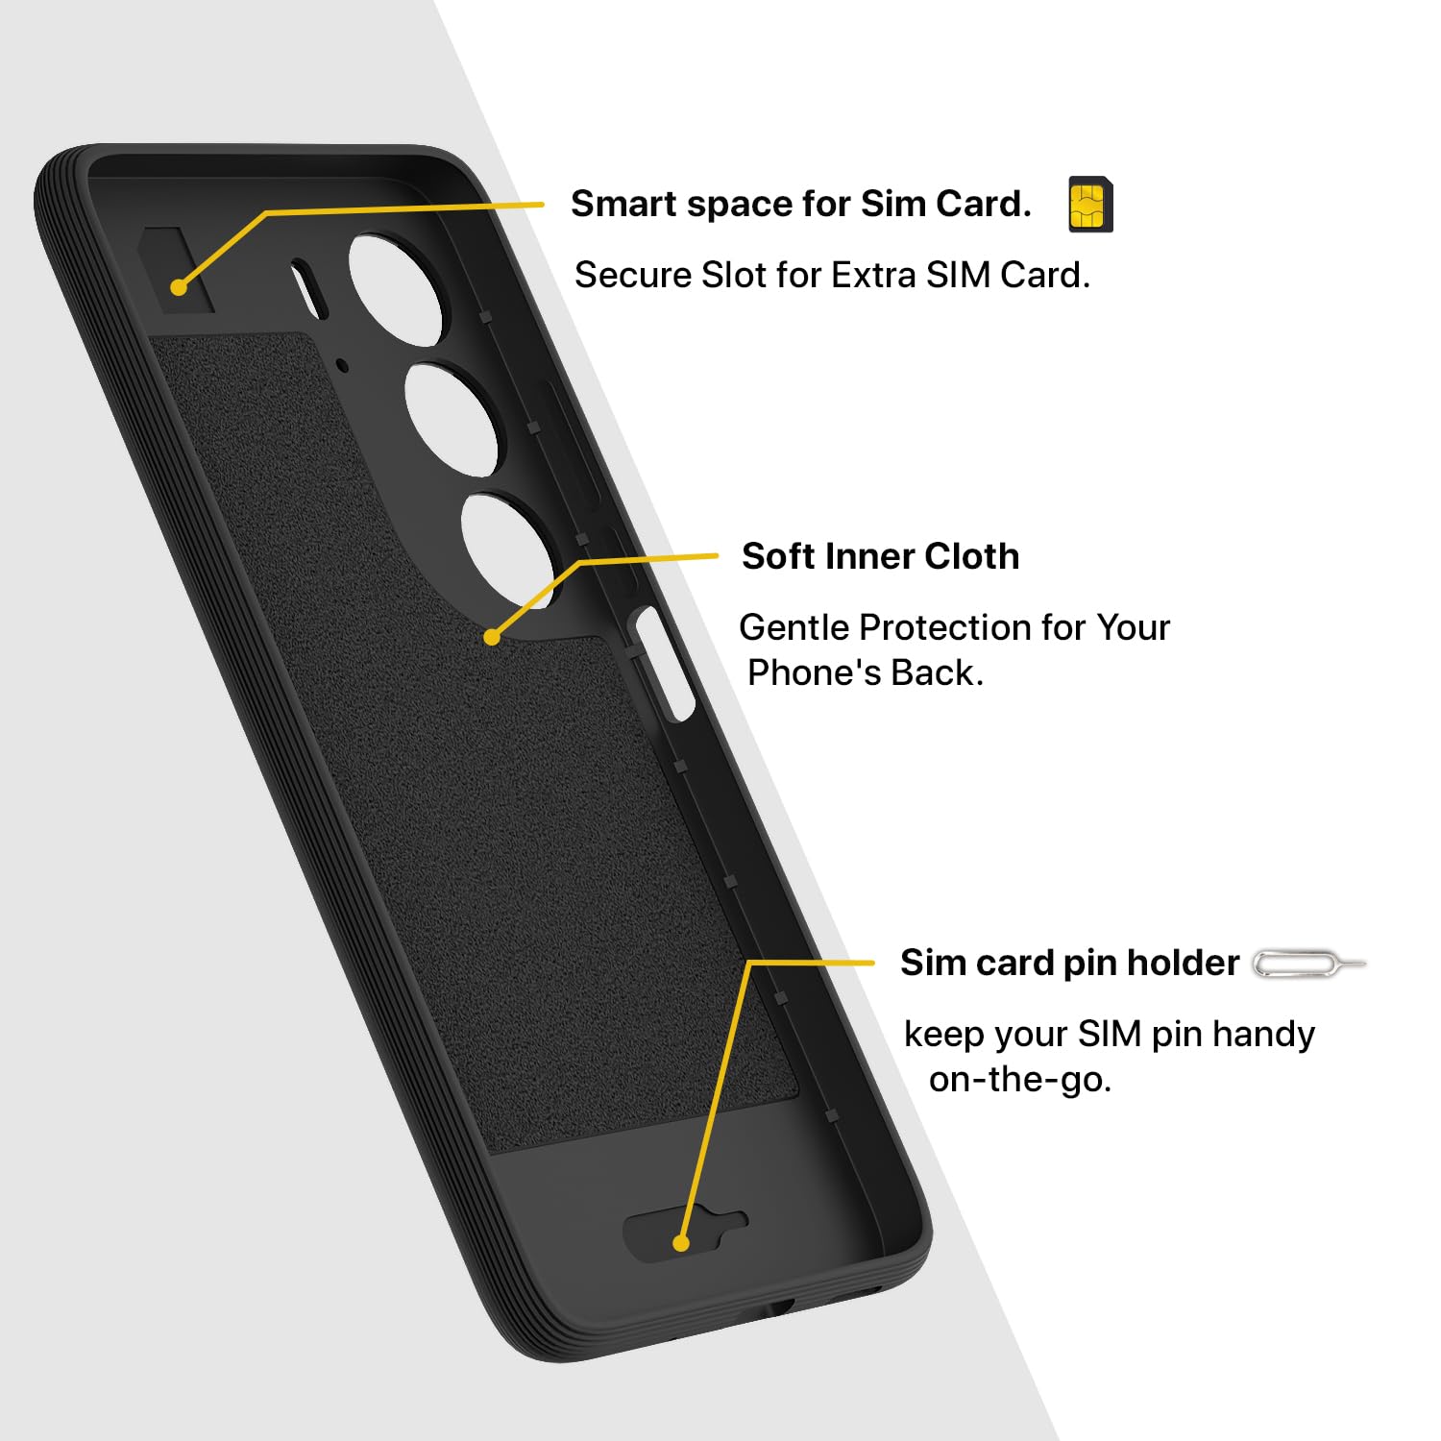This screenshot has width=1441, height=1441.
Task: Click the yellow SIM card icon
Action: [x=1090, y=205]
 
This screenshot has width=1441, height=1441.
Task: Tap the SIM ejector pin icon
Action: [x=1309, y=964]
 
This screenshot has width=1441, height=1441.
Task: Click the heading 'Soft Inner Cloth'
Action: [x=880, y=556]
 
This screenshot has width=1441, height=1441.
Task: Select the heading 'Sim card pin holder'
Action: [x=1069, y=963]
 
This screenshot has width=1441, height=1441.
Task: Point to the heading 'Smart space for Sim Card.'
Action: [x=801, y=204]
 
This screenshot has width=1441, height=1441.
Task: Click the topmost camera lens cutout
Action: [x=396, y=286]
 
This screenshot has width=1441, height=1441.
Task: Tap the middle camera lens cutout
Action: [x=452, y=418]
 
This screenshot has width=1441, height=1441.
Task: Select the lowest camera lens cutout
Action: [x=508, y=550]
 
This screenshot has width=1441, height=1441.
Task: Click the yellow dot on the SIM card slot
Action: [x=178, y=286]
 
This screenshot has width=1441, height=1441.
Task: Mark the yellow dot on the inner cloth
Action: [x=492, y=636]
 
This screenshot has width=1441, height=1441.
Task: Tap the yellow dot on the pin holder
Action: [x=681, y=1243]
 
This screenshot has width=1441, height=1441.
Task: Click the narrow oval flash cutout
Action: [x=309, y=289]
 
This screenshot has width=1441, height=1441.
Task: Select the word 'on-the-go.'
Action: [x=1020, y=1080]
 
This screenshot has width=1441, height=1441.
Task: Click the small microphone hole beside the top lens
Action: [x=342, y=364]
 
